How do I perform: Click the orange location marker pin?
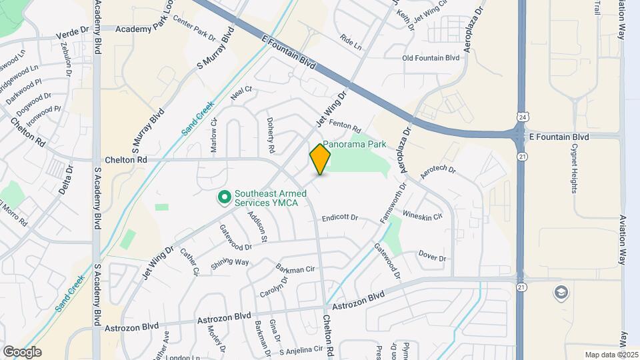tap(321, 159)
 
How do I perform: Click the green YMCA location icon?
tap(225, 197)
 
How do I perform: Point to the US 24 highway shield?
tap(520, 116)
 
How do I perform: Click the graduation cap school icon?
tap(561, 291)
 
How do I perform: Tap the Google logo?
tap(22, 351)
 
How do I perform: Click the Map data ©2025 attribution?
tap(610, 354)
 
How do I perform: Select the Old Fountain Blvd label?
tap(431, 58)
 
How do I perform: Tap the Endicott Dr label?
tap(340, 218)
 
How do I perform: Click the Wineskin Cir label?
tap(423, 215)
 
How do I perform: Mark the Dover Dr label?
tap(432, 256)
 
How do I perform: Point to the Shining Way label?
tap(230, 262)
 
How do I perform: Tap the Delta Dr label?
tap(65, 180)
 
